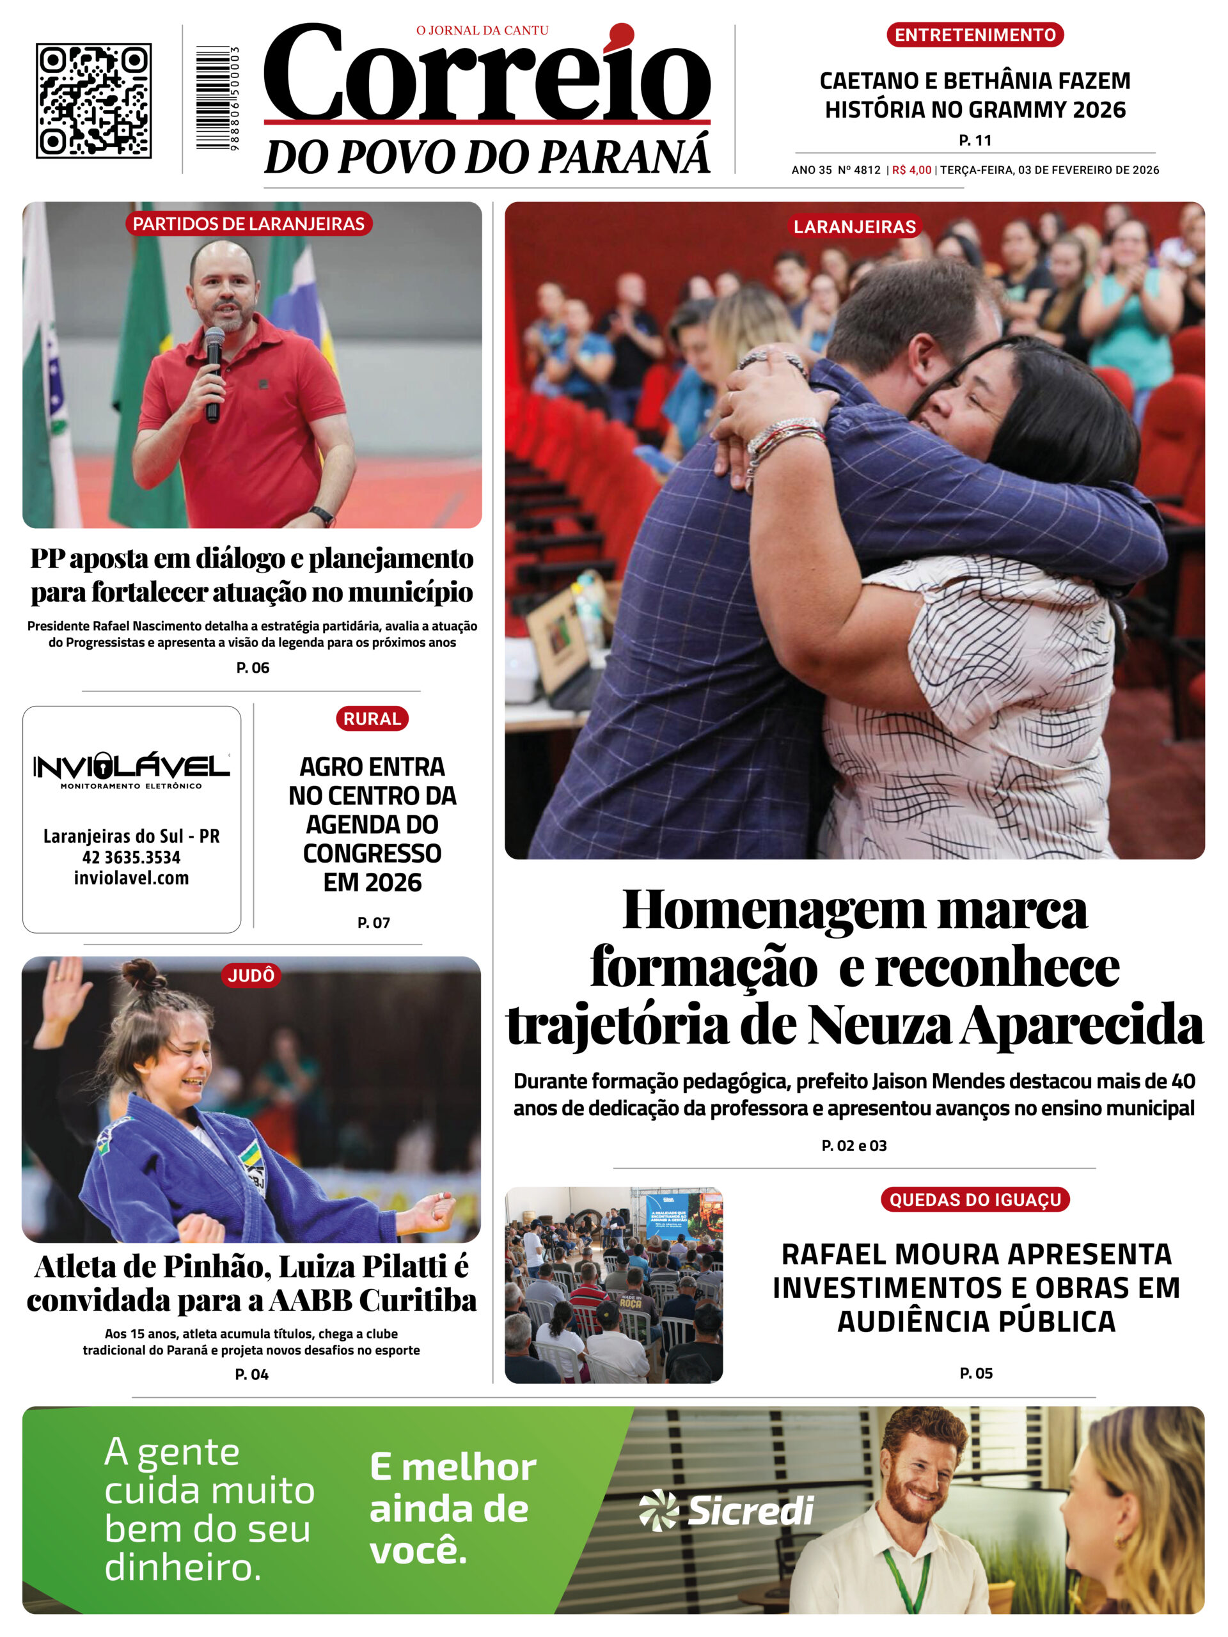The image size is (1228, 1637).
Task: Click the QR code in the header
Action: click(x=94, y=100)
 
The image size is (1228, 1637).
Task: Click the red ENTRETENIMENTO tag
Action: click(x=975, y=35)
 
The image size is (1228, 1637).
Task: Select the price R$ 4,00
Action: click(x=911, y=170)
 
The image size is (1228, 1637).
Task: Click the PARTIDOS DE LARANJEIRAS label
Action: click(x=249, y=224)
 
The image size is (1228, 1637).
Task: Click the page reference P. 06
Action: click(x=253, y=668)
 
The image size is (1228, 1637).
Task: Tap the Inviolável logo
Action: click(x=131, y=768)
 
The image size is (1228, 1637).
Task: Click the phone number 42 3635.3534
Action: click(x=131, y=857)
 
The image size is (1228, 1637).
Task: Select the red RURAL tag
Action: click(x=372, y=719)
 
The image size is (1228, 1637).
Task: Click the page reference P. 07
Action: click(x=373, y=922)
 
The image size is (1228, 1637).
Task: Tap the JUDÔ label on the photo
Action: click(x=251, y=975)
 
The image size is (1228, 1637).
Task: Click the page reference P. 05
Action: click(x=975, y=1373)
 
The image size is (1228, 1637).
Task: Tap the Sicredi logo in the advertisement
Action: click(x=726, y=1510)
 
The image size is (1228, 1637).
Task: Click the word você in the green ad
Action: click(x=418, y=1551)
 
